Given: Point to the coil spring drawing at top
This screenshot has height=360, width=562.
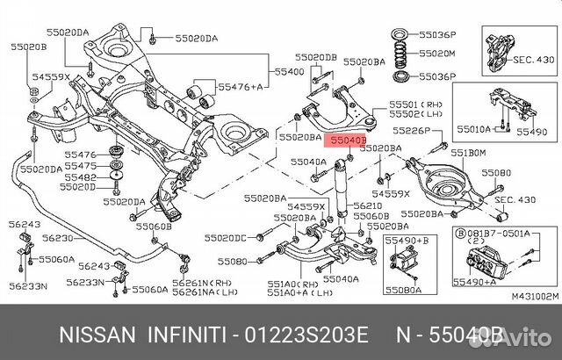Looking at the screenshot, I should click(x=400, y=54).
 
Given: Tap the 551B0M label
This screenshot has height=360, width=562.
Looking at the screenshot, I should click(x=469, y=153).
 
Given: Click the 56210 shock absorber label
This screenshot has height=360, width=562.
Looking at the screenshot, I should click(x=367, y=205).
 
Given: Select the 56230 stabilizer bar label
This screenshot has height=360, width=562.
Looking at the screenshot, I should click(x=60, y=237).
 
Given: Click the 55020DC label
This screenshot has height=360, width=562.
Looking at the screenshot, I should click(x=227, y=238).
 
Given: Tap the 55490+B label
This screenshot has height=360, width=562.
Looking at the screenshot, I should click(x=407, y=239).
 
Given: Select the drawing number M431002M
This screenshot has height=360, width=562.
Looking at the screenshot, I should click(x=535, y=297).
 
